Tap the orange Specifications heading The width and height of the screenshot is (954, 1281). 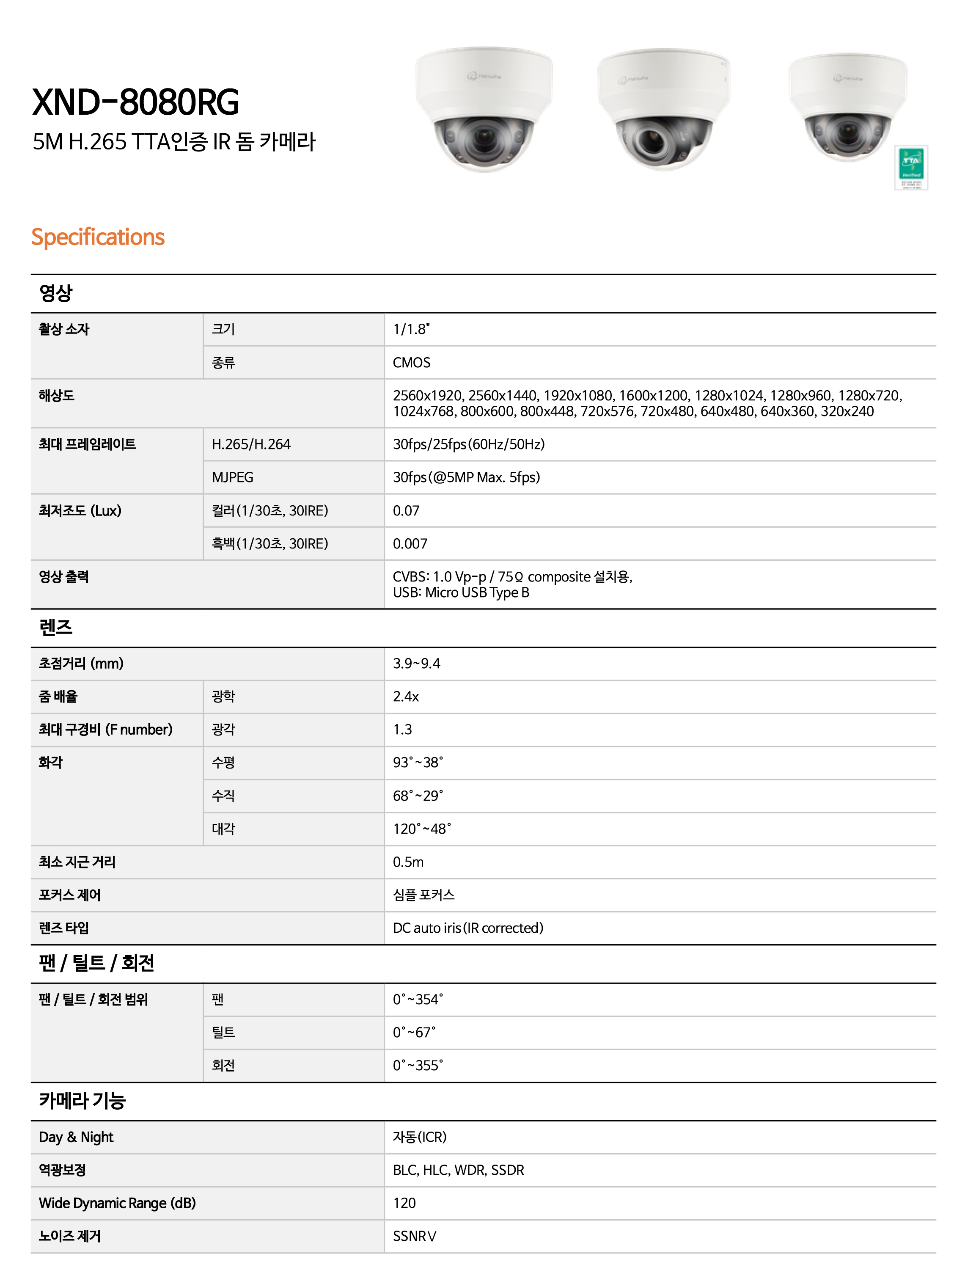[x=98, y=237]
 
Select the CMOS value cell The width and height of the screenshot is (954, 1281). [x=411, y=363]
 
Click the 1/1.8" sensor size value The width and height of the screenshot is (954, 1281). [x=411, y=329]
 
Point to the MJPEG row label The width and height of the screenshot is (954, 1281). [x=232, y=477]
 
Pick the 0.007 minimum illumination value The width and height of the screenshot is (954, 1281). [x=410, y=543]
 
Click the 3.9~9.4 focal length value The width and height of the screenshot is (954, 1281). [x=416, y=663]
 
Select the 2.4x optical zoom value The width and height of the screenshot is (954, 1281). [x=406, y=697]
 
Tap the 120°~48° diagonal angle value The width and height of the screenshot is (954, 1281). [x=421, y=829]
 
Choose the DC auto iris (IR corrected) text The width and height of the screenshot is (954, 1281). [x=468, y=928]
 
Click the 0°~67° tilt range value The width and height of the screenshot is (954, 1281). [x=414, y=1032]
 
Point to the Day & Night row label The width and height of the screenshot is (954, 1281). [x=76, y=1137]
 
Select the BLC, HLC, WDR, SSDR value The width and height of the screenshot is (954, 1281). [x=458, y=1170]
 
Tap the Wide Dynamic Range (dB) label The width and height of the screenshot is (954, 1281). [x=117, y=1203]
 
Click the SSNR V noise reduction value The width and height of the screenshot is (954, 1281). [x=414, y=1236]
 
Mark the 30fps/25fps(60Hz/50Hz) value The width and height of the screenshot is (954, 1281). [x=468, y=444]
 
